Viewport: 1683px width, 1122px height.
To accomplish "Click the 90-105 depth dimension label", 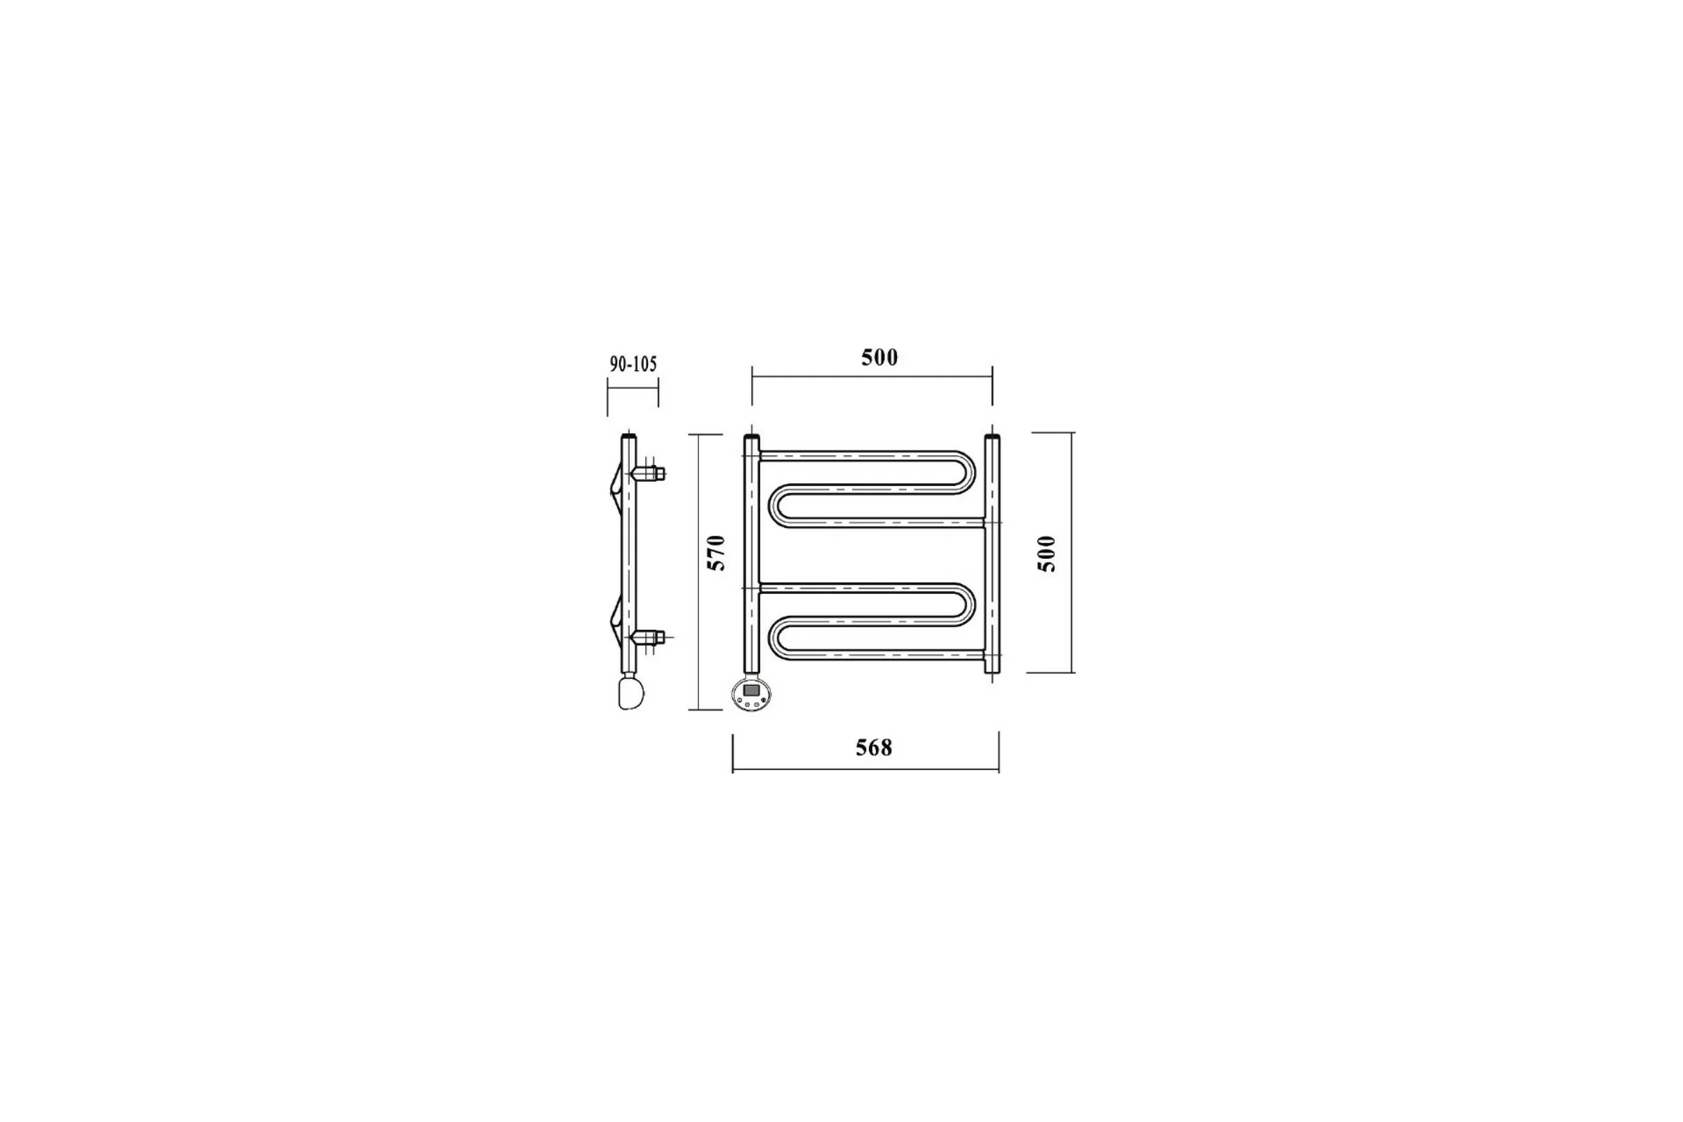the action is tap(633, 364).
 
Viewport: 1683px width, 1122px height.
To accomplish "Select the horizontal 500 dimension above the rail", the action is tap(879, 357).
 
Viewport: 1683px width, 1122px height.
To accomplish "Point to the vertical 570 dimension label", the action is tap(716, 553).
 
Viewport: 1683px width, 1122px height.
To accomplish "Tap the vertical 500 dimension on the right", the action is tap(1046, 553).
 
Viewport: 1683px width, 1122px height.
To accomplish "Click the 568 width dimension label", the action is tap(874, 748).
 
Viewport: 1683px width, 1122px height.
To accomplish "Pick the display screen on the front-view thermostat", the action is tap(751, 690).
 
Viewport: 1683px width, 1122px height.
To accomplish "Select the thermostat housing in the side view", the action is tap(630, 693).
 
